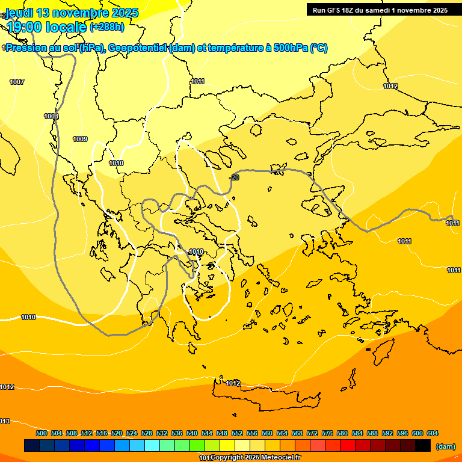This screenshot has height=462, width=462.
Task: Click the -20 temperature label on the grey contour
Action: click(x=235, y=177)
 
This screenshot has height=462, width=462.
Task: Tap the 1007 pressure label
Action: click(x=17, y=82)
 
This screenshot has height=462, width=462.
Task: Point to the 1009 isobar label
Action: click(x=80, y=140)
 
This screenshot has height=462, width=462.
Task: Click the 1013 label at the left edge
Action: click(x=4, y=421)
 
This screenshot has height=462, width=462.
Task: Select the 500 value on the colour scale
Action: click(x=42, y=433)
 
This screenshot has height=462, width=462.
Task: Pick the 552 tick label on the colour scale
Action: click(x=237, y=433)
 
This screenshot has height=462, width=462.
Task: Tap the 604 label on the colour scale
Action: click(x=433, y=433)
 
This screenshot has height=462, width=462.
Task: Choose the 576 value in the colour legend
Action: click(x=327, y=433)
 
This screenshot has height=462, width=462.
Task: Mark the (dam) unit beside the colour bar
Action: click(x=445, y=446)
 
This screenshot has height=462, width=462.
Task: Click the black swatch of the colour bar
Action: click(x=423, y=446)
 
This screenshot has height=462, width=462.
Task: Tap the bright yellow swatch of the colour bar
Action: click(x=227, y=446)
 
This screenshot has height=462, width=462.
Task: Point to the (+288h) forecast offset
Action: click(x=107, y=27)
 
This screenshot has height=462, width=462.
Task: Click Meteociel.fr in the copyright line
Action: click(x=280, y=458)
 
